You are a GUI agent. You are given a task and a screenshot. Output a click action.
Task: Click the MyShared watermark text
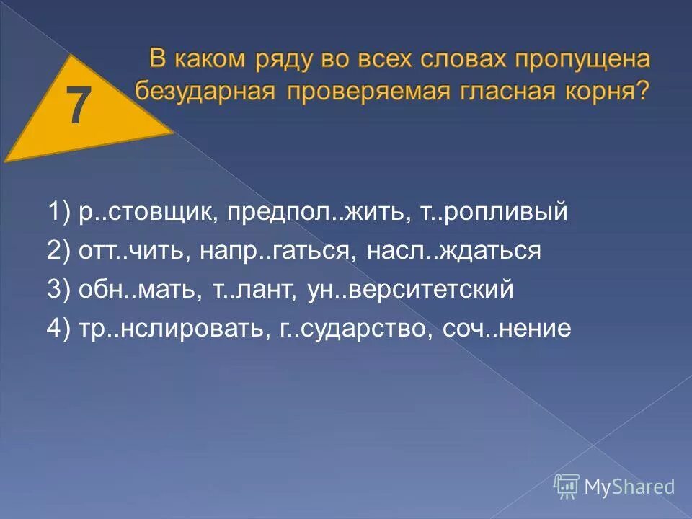[x=629, y=487]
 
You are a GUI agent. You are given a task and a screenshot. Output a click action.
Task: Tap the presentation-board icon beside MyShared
[x=567, y=486]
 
